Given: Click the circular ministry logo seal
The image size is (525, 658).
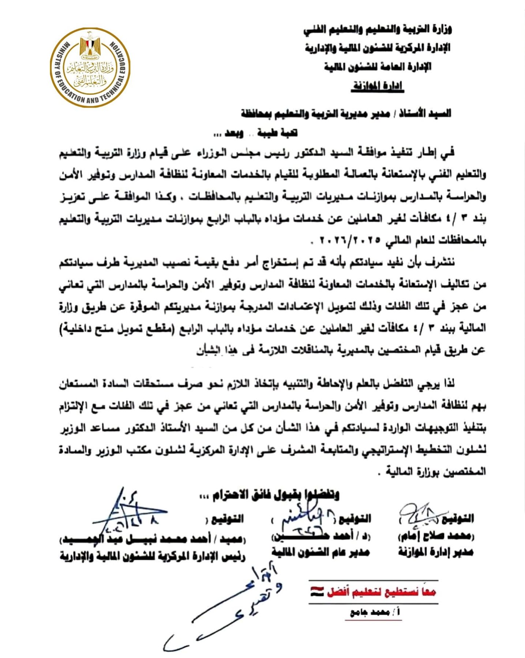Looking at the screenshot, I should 90,67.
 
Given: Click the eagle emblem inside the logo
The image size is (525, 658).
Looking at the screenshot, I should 90,47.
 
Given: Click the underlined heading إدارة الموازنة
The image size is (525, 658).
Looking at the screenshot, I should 378,86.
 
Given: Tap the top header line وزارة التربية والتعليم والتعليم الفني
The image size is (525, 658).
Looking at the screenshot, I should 378,29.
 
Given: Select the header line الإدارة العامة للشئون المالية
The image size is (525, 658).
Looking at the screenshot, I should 378,67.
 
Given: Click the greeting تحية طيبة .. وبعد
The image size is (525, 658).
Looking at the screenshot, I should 256,133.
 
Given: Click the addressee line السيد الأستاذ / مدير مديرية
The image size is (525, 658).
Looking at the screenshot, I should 346,114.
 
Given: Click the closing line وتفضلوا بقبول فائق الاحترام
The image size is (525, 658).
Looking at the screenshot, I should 269,495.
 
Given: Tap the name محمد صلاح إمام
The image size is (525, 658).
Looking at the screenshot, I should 436,536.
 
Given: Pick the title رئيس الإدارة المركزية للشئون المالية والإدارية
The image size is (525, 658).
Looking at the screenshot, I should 153,556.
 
